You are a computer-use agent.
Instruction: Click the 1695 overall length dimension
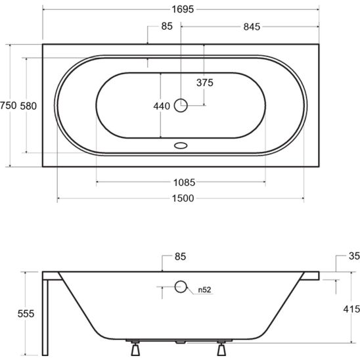pyautogui.click(x=183, y=9)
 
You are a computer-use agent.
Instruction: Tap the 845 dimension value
pyautogui.click(x=252, y=27)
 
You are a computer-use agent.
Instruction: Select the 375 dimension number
pyautogui.click(x=205, y=83)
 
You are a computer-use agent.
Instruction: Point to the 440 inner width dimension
pyautogui.click(x=162, y=106)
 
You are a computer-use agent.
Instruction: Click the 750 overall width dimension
pyautogui.click(x=9, y=106)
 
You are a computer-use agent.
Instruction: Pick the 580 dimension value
pyautogui.click(x=28, y=106)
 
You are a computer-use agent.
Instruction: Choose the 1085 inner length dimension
pyautogui.click(x=184, y=183)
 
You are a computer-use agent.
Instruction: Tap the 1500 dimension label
pyautogui.click(x=183, y=198)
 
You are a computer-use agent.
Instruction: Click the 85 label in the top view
pyautogui.click(x=167, y=26)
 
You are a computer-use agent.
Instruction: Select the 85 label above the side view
pyautogui.click(x=180, y=256)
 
